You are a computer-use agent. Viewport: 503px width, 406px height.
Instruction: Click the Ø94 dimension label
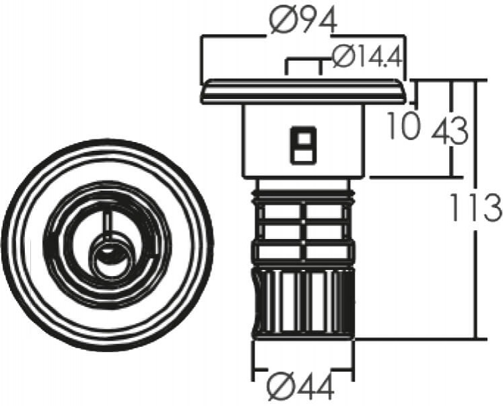303,20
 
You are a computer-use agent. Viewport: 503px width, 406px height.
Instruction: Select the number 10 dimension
403,125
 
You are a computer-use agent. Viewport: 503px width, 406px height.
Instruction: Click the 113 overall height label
475,207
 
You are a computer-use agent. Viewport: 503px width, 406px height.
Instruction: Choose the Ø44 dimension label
301,386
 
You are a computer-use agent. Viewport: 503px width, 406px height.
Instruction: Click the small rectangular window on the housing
303,145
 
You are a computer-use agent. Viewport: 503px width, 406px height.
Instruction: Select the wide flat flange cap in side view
303,92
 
